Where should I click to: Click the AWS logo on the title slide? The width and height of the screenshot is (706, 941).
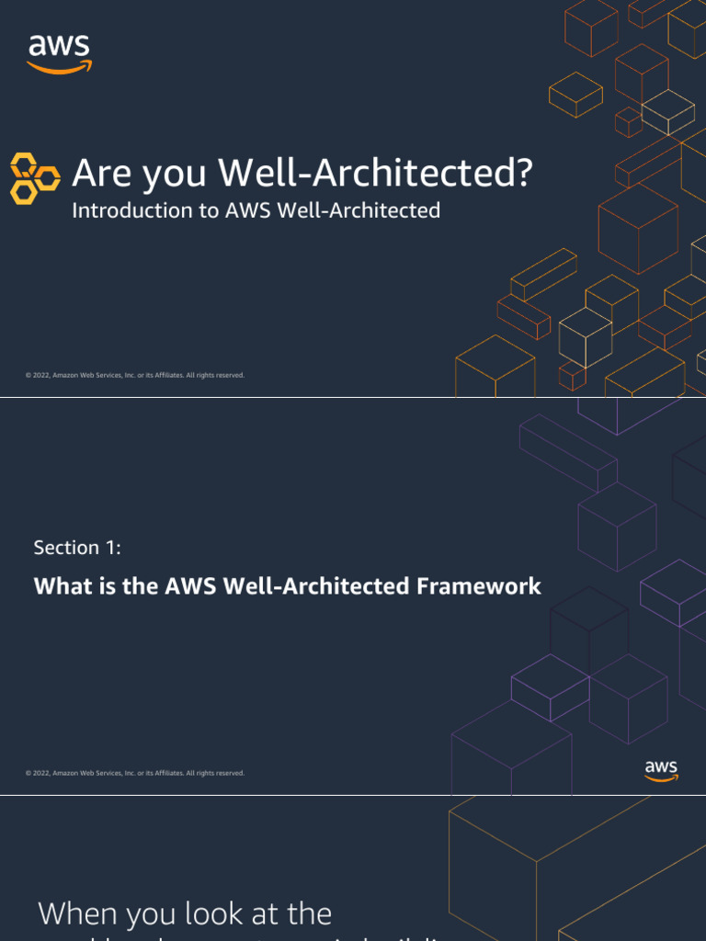(x=60, y=53)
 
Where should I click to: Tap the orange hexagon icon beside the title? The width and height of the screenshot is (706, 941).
(x=36, y=178)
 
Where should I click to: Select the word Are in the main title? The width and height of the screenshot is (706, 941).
(x=98, y=173)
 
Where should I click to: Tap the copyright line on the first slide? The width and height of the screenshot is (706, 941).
(x=135, y=375)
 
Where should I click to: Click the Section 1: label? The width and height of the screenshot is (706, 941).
(x=77, y=548)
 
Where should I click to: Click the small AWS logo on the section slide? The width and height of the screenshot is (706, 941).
(x=661, y=770)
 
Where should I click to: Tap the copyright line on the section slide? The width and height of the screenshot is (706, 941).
(x=135, y=773)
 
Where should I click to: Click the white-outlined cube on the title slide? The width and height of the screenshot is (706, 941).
(x=585, y=335)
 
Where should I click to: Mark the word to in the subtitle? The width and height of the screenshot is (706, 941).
(x=207, y=210)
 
